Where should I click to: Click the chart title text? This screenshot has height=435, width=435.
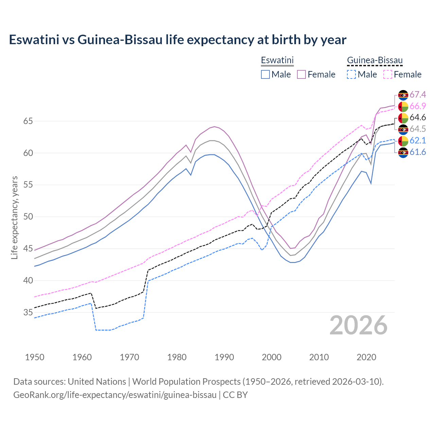(177, 40)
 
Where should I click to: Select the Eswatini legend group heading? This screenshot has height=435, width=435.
(277, 60)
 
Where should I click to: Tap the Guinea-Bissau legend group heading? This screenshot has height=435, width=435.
(375, 60)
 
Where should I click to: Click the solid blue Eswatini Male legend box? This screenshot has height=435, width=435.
(265, 74)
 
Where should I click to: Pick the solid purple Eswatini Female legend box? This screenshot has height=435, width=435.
(301, 74)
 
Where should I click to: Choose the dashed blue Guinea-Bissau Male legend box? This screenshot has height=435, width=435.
(351, 74)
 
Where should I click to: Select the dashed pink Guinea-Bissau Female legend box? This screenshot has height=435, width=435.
(388, 74)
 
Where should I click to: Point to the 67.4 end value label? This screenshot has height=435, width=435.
(418, 94)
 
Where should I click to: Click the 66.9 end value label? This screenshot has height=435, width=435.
(418, 106)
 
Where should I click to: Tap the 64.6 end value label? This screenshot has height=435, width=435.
(418, 118)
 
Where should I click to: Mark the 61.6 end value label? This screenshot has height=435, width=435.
(418, 152)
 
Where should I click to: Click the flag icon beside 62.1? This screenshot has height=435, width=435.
(403, 141)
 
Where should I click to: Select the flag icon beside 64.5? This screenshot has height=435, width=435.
(403, 129)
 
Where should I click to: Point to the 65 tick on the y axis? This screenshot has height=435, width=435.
(28, 121)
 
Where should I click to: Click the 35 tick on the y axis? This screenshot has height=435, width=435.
(28, 312)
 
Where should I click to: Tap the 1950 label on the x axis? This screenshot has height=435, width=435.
(35, 357)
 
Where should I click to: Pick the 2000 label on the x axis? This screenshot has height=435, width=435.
(272, 357)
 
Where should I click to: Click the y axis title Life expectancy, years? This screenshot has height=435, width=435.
(14, 217)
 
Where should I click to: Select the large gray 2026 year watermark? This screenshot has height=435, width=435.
(359, 325)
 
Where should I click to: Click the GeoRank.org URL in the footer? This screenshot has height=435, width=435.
(115, 395)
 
